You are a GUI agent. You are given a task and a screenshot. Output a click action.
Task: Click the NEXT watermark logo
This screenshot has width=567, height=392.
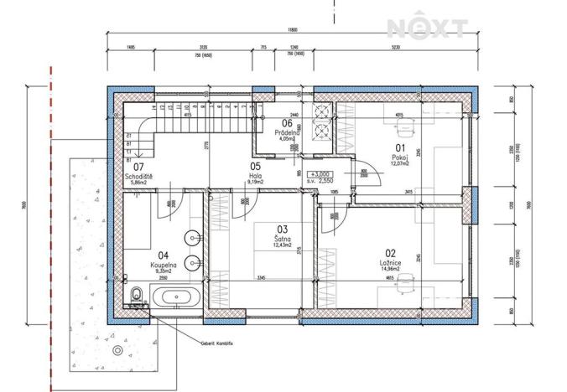click(427, 28)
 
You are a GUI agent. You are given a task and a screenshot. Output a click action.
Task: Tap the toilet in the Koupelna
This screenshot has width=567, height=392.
click(135, 294)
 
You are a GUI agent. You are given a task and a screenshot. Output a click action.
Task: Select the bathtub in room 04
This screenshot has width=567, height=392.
click(175, 295)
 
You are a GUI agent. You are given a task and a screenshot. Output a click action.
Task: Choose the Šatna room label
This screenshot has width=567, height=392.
click(281, 237)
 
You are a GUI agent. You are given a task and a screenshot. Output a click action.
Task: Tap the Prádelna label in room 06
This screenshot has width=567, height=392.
click(287, 132)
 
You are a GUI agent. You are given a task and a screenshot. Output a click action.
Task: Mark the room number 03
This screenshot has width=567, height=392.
click(282, 229)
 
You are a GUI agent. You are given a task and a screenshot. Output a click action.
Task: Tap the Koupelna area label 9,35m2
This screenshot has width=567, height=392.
click(163, 271)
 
